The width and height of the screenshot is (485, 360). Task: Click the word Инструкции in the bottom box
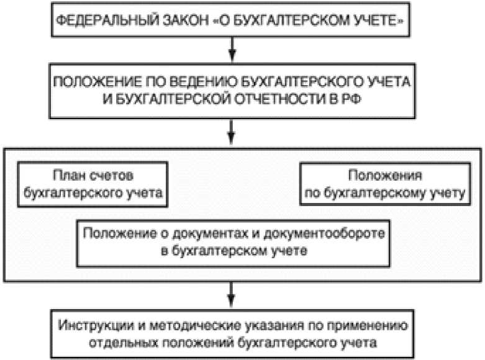91,326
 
